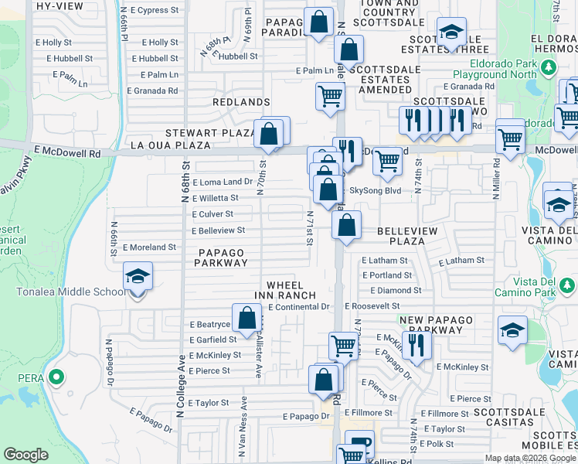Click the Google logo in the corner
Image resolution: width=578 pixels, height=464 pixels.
tap(25, 455)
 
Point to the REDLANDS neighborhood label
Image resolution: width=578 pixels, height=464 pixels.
tap(242, 102)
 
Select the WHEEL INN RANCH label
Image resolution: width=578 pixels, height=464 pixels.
tap(286, 290)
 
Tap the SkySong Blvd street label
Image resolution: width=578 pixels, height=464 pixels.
tap(376, 190)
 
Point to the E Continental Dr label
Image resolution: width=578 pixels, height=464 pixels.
tap(299, 307)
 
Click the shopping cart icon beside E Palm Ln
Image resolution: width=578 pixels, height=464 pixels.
tap(330, 97)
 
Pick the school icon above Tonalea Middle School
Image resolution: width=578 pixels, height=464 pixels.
tap(138, 276)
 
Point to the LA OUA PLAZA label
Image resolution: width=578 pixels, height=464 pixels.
tap(170, 145)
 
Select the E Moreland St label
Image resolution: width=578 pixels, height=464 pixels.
tap(149, 247)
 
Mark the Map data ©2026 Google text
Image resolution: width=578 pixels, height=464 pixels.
tap(529, 458)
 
